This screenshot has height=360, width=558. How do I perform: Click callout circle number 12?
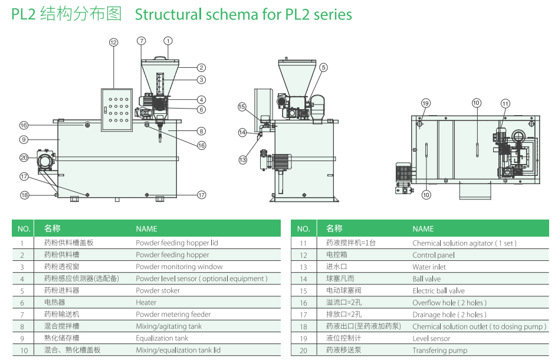point(113,42)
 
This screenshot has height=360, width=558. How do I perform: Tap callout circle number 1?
point(168,41)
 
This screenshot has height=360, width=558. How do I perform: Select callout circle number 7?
point(141,41)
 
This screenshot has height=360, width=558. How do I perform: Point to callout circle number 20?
point(24,158)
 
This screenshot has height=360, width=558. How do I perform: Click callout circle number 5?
point(323,68)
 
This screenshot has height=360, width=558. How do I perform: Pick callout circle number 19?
point(426,104)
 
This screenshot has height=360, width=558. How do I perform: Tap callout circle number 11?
point(506,104)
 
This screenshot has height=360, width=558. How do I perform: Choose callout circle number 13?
point(242,159)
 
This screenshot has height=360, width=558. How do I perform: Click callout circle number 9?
point(24,140)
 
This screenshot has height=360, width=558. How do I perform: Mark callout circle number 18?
point(24,195)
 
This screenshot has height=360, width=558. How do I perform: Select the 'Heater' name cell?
point(146,302)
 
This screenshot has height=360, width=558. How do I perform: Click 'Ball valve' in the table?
point(426,279)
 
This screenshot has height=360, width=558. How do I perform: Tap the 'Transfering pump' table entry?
point(439,350)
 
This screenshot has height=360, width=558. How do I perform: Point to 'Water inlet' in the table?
point(429,267)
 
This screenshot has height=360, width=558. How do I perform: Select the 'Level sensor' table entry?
point(431,338)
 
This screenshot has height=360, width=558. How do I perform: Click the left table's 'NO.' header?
point(24,229)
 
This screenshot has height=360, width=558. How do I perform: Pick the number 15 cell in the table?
point(303,290)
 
